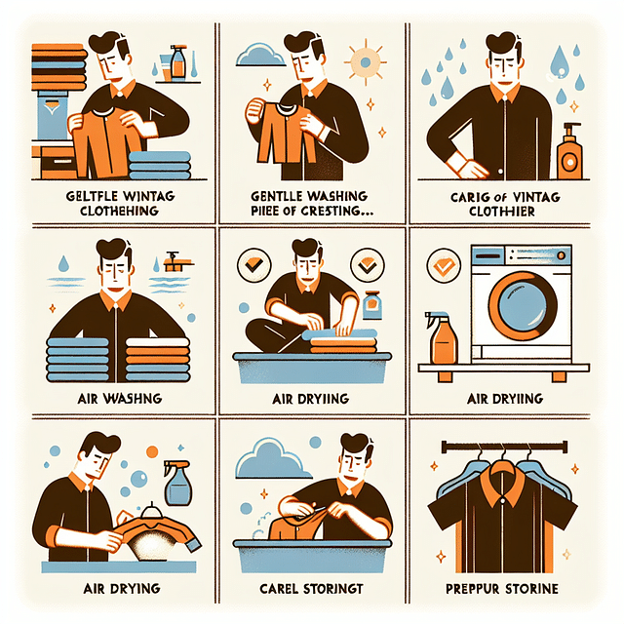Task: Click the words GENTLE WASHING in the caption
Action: point(311,195)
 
